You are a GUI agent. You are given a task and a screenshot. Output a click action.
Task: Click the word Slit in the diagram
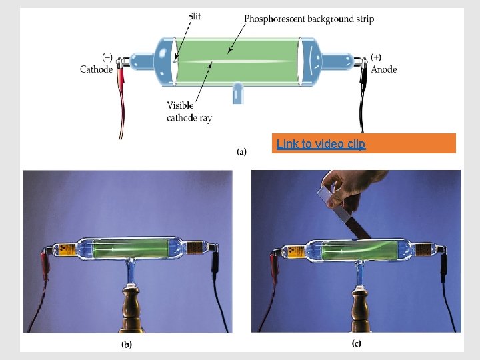click(x=195, y=16)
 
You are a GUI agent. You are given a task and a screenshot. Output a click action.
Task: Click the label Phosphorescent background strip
click(x=309, y=19)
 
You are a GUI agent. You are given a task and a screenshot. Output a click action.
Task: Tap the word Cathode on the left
click(x=97, y=69)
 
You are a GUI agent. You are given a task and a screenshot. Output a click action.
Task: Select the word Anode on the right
click(x=383, y=69)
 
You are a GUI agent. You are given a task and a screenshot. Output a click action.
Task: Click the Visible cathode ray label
click(x=189, y=112)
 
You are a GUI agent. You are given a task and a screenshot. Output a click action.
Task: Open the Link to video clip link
click(x=321, y=144)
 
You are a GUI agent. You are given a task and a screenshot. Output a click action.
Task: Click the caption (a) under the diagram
click(x=241, y=152)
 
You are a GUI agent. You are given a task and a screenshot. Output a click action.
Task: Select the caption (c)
click(x=357, y=344)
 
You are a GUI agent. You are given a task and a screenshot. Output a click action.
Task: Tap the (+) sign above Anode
click(x=375, y=57)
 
